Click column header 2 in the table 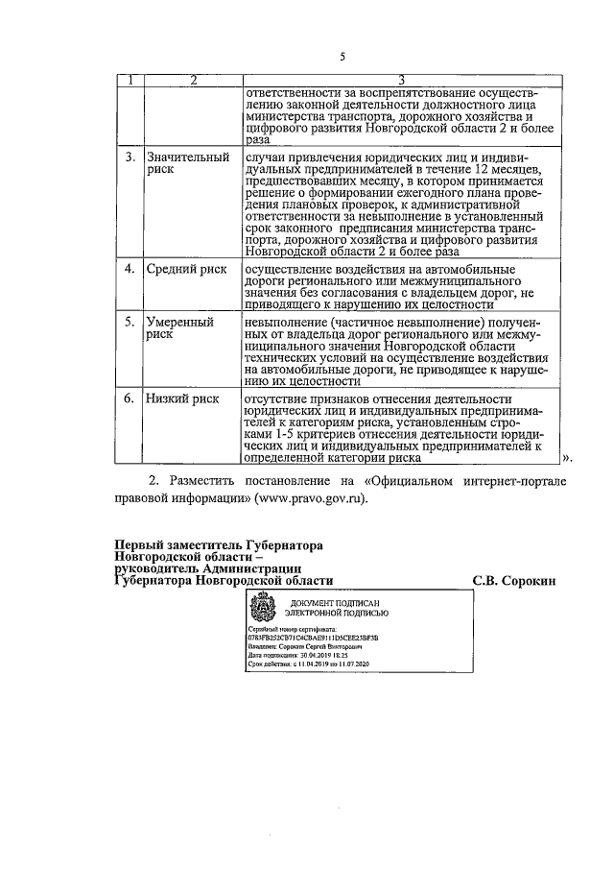click(x=191, y=79)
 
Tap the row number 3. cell click(x=130, y=156)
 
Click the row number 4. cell click(x=130, y=269)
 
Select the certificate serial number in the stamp click(x=312, y=636)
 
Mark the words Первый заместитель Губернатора click(x=219, y=544)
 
